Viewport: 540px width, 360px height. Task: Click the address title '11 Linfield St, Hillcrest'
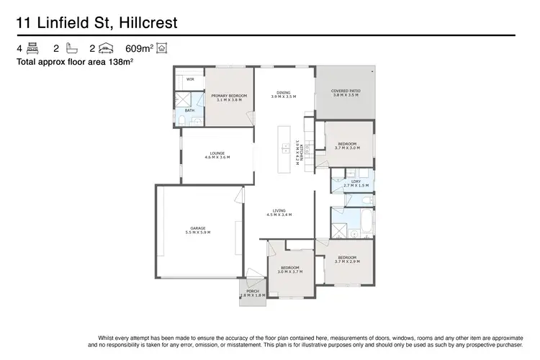click(96, 23)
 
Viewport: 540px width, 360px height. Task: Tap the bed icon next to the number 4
click(32, 49)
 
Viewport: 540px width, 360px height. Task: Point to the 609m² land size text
click(140, 49)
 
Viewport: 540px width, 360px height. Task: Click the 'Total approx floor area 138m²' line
click(75, 63)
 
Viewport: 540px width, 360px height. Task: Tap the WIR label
click(191, 79)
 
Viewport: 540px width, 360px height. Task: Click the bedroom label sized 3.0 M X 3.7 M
click(290, 269)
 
